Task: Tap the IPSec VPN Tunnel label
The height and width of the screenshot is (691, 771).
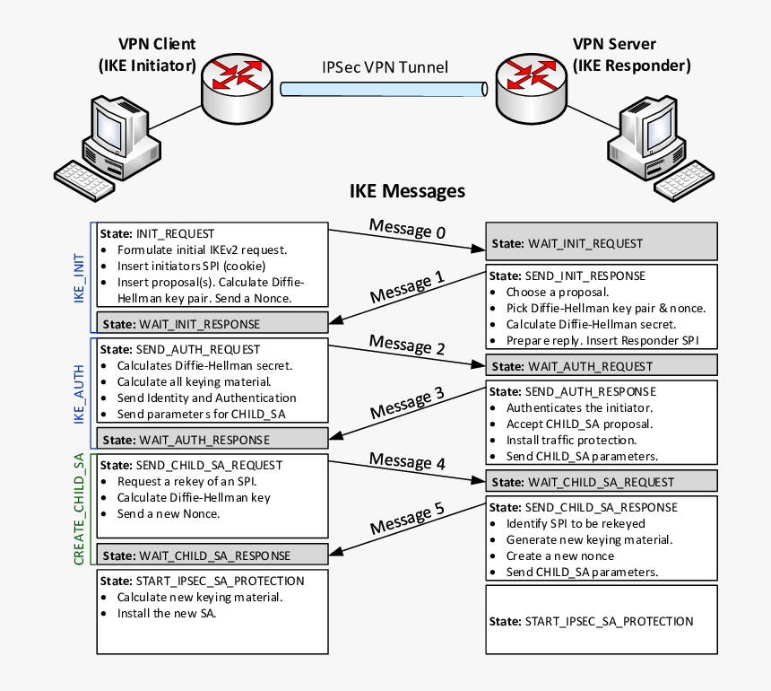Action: click(x=385, y=67)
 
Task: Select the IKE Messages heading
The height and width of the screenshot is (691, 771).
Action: click(x=407, y=190)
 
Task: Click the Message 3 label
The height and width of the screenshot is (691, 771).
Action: click(x=407, y=401)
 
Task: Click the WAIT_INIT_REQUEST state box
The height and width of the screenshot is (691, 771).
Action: click(x=602, y=243)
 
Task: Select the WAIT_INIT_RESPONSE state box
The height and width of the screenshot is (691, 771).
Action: click(x=213, y=323)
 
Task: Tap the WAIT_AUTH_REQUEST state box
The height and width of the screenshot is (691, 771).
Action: click(x=602, y=365)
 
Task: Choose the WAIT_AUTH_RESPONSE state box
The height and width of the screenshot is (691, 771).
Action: click(x=213, y=440)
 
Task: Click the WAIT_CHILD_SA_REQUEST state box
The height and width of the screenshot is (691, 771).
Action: click(x=602, y=482)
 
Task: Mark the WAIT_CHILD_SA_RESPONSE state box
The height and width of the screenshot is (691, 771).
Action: click(x=213, y=554)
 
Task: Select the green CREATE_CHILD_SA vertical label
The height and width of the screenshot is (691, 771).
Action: click(x=79, y=508)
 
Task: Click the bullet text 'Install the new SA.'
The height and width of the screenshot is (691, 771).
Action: click(x=167, y=614)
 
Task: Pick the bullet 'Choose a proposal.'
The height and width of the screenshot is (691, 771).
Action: click(x=558, y=292)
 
